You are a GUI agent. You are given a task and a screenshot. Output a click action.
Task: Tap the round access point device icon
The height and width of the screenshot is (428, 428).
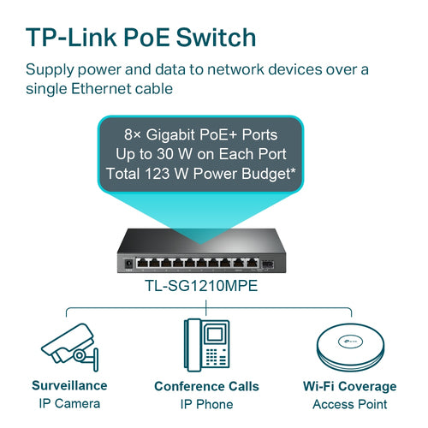tap(354, 347)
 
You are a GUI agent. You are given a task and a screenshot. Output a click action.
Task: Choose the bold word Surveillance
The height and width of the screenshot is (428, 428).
tap(69, 386)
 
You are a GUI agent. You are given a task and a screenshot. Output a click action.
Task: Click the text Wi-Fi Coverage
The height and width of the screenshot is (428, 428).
tap(354, 386)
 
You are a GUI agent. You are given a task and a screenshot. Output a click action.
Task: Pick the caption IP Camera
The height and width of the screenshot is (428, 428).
tap(69, 403)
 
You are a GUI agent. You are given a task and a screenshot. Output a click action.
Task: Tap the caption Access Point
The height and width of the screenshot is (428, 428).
tap(354, 403)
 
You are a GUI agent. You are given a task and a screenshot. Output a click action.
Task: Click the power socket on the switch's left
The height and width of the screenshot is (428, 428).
tap(128, 264)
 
